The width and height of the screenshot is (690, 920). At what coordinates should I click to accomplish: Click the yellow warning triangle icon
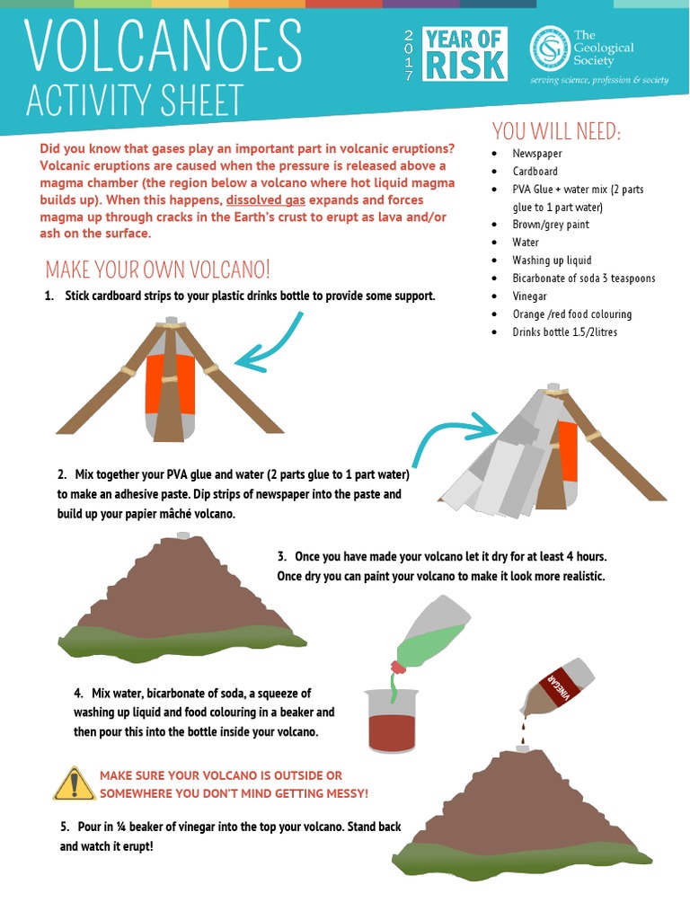coord(75,783)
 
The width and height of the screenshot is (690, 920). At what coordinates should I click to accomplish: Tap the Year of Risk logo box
coord(464,54)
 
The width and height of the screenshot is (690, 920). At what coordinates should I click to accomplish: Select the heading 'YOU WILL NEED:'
coord(556,132)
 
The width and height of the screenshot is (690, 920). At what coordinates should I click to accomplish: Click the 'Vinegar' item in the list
coord(529,296)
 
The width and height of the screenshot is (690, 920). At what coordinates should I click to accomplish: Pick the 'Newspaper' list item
coord(537,154)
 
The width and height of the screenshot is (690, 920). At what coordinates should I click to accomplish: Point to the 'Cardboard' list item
coord(535,171)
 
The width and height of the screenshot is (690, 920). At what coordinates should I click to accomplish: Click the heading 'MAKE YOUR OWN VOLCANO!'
coord(157,269)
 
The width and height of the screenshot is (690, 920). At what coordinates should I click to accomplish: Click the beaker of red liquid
coord(392,721)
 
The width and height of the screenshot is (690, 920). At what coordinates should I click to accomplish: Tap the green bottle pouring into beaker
coord(432,639)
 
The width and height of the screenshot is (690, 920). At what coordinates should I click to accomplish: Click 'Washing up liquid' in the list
coord(552,260)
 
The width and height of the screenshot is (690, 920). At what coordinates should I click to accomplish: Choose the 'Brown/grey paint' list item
coord(551,224)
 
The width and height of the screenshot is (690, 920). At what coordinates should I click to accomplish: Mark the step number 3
coord(281,557)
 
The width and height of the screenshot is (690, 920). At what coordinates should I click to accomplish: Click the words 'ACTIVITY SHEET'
coord(135,100)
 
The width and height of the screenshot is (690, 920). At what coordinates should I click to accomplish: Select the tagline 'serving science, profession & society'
coord(598,80)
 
